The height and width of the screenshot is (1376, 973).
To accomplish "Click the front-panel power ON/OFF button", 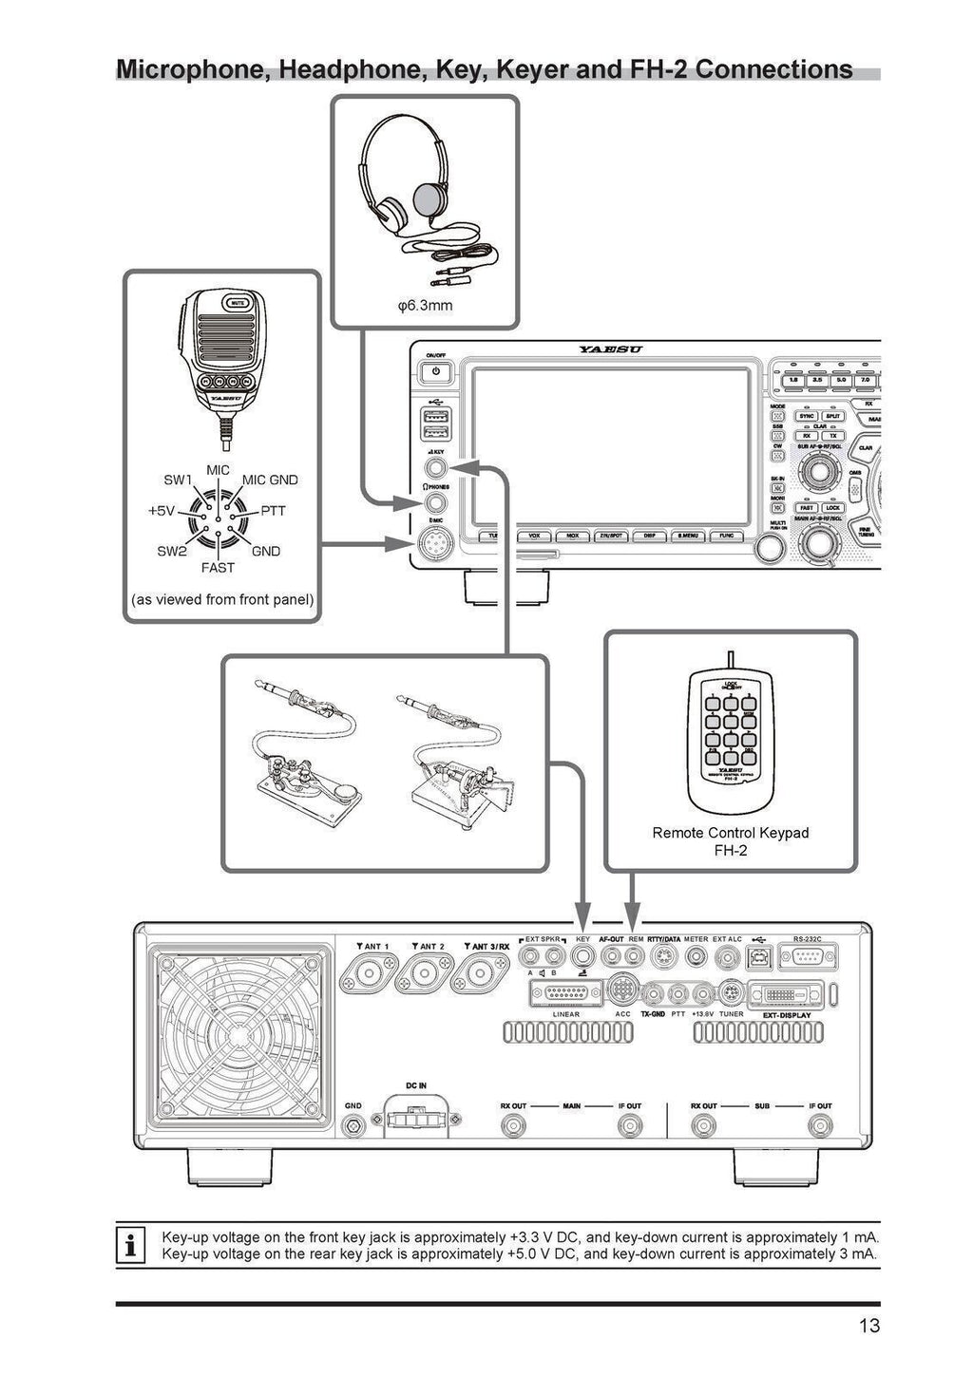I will (x=435, y=371).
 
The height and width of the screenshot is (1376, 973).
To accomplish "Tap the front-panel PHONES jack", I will (x=435, y=502).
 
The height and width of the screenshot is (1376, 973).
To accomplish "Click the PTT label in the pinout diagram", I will (x=272, y=510).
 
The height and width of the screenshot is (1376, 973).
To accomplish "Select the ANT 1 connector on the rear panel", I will (x=372, y=974).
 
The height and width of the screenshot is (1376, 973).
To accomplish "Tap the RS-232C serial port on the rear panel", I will (x=805, y=957).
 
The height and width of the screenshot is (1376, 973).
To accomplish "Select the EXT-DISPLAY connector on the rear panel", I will (x=785, y=994).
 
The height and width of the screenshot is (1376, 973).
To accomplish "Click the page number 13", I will (x=868, y=1327).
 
